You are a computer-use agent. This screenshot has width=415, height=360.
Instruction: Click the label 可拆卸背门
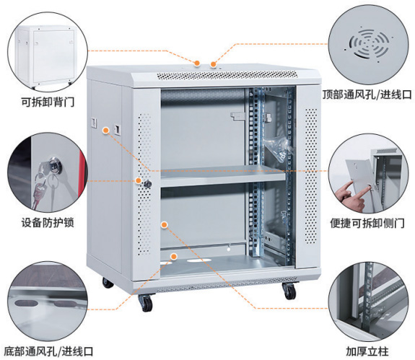coord(48,102)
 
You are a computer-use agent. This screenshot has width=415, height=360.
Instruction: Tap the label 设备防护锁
coord(48,222)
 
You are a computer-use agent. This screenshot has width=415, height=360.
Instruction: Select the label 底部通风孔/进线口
coord(48,351)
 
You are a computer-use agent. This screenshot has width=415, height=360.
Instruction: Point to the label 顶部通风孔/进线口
coord(367,95)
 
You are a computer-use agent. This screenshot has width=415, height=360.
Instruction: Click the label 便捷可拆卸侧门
coord(367,223)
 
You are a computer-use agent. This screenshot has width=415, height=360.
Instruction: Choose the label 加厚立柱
coord(367,351)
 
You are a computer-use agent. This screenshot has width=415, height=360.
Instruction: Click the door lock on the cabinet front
coord(148,184)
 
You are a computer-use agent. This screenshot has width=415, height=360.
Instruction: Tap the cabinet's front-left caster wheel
coord(145,303)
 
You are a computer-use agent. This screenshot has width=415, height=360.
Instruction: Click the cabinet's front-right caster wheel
coord(289,291)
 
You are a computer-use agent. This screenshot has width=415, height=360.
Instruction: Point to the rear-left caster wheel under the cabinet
coord(108,283)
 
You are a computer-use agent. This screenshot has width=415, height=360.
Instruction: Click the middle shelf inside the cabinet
coord(223,175)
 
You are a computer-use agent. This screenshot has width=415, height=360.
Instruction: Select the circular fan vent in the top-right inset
coord(369,43)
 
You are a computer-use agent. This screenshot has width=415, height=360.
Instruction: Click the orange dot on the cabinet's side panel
coord(106,130)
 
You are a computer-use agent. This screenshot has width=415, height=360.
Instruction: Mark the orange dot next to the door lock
coord(138,180)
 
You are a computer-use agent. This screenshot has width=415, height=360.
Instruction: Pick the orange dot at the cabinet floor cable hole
coord(174,256)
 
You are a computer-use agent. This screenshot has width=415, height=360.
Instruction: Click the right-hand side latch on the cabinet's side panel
coord(117,129)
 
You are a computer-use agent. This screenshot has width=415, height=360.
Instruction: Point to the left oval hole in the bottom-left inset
coord(25,303)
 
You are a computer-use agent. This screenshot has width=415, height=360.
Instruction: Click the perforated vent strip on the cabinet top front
coord(227,75)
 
